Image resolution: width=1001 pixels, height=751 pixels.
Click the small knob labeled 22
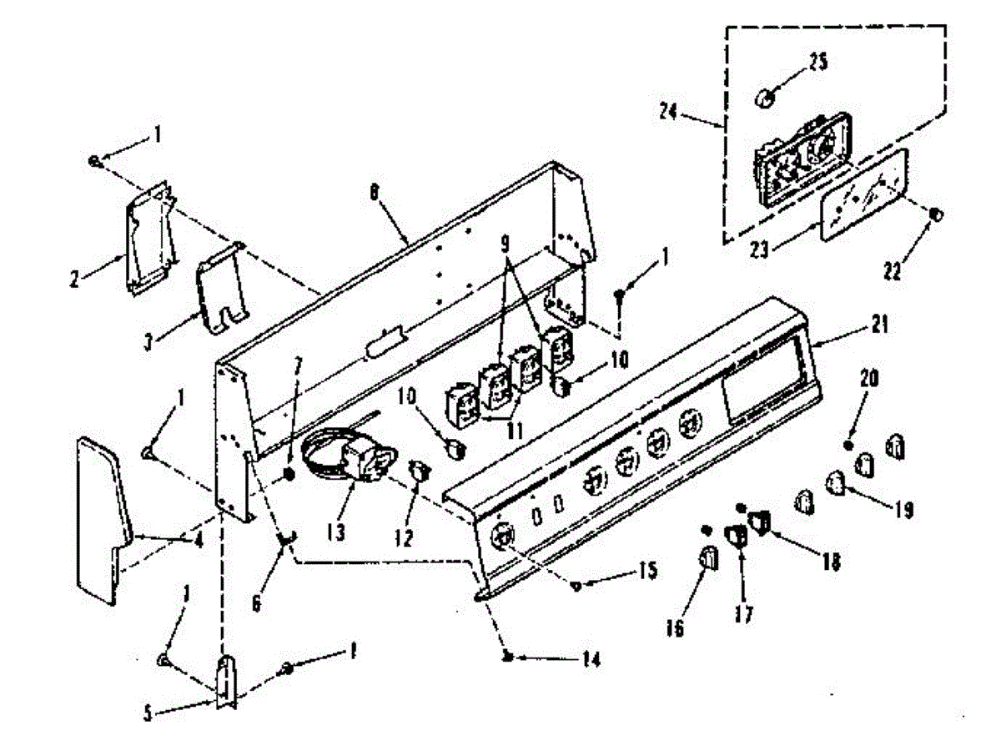[935, 214]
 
